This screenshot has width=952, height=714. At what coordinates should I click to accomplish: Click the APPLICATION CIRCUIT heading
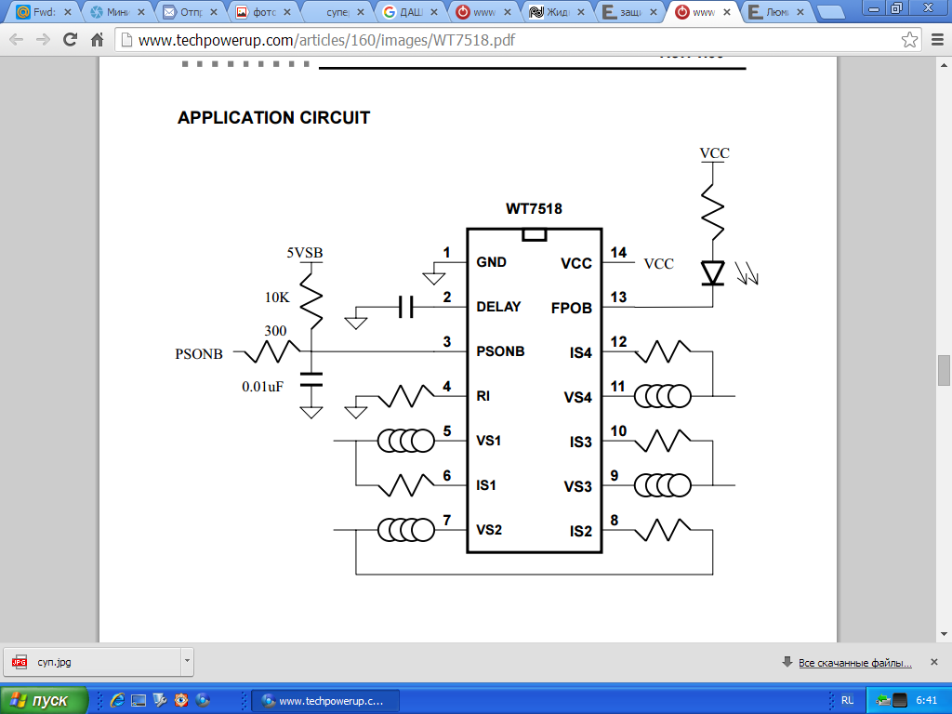point(273,118)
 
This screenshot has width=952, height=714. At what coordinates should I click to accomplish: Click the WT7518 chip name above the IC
point(534,209)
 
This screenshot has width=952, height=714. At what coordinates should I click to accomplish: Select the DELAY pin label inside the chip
point(498,307)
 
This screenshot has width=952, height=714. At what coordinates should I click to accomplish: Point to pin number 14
point(618,253)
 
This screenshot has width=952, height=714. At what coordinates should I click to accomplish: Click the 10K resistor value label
point(278,297)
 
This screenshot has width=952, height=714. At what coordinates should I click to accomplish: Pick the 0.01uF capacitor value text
point(262,386)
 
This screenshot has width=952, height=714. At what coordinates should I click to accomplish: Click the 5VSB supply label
point(305,253)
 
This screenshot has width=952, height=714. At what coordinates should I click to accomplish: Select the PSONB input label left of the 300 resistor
point(199,354)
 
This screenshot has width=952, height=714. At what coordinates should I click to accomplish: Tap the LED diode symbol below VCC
point(713,272)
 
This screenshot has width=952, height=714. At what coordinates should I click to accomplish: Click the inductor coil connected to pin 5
point(406,441)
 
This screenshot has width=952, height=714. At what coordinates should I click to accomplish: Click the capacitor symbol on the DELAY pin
point(404,307)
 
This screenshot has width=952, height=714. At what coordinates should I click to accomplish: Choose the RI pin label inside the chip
point(483,396)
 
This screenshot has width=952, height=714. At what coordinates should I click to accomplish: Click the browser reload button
point(70,40)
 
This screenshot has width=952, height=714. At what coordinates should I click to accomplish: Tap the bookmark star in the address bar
point(910,40)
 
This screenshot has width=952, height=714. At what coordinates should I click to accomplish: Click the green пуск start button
point(44,700)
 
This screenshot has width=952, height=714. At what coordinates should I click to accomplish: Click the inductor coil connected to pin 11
point(663,397)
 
